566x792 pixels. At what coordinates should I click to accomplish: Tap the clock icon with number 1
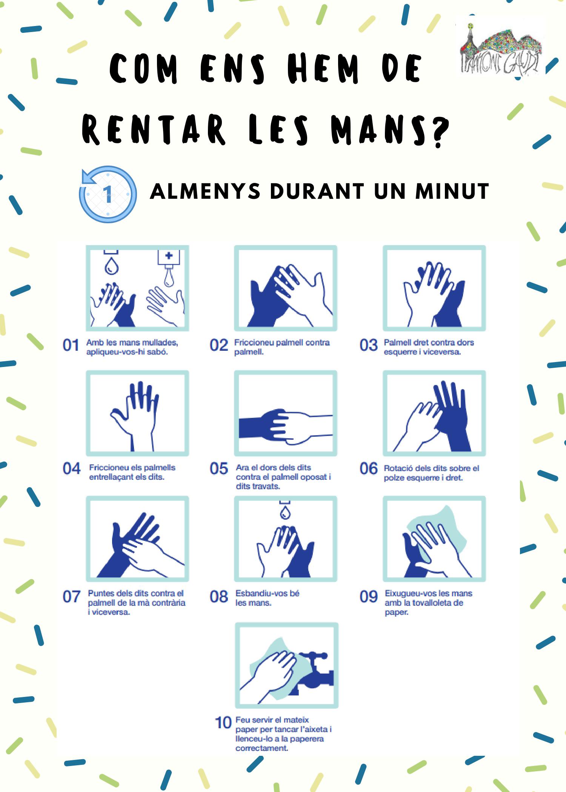pyautogui.click(x=108, y=194)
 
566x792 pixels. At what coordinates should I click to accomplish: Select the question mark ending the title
pyautogui.click(x=440, y=131)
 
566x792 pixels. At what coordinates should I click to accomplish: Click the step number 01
pyautogui.click(x=71, y=345)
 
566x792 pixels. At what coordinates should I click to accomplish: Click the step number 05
pyautogui.click(x=219, y=469)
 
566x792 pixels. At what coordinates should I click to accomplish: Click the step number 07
pyautogui.click(x=72, y=597)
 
